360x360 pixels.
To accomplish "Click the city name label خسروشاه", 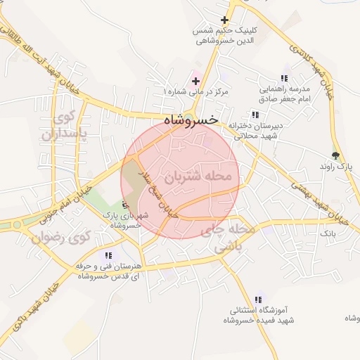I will coord(190,120).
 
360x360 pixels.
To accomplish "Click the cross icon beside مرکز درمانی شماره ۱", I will coord(195,82).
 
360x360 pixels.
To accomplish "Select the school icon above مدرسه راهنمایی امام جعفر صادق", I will coord(284,78).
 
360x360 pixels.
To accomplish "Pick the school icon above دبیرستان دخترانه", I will coord(254,115).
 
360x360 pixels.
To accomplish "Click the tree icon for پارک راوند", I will coord(335,155).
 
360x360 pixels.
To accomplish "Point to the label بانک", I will coord(328,231).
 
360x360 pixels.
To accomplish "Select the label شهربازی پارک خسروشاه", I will coord(124,221).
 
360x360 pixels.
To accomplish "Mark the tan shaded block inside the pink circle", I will coord(131,184).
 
